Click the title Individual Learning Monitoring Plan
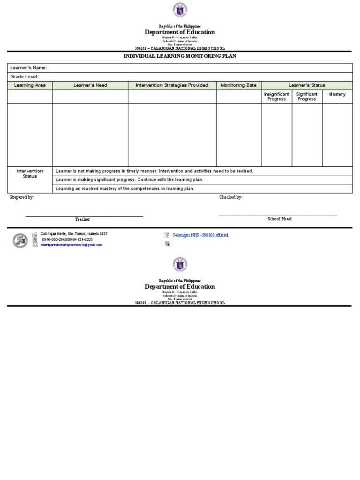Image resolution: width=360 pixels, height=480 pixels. (180, 56)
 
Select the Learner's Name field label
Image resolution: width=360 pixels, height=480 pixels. (29, 68)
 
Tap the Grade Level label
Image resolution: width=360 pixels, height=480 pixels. (24, 77)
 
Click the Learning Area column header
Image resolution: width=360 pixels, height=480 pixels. (30, 85)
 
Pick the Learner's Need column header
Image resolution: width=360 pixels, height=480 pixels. (90, 85)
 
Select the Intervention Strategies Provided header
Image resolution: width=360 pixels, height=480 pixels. (172, 85)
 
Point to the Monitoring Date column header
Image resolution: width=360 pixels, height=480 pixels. (239, 85)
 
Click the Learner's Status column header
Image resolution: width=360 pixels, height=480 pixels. (307, 85)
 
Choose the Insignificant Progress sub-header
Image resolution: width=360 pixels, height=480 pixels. (277, 97)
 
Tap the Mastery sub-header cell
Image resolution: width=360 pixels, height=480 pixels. (337, 94)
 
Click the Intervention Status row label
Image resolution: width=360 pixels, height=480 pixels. (30, 173)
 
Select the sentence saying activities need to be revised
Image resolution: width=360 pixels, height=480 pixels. (154, 171)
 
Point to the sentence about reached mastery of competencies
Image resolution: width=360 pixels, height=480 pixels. (125, 188)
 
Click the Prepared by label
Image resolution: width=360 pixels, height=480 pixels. (22, 197)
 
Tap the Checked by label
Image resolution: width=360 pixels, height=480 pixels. (231, 197)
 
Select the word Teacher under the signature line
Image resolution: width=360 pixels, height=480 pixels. (82, 219)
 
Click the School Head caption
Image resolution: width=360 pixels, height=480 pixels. (279, 219)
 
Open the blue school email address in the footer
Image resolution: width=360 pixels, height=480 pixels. (71, 245)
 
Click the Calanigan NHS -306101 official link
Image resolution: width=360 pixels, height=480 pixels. (200, 235)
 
